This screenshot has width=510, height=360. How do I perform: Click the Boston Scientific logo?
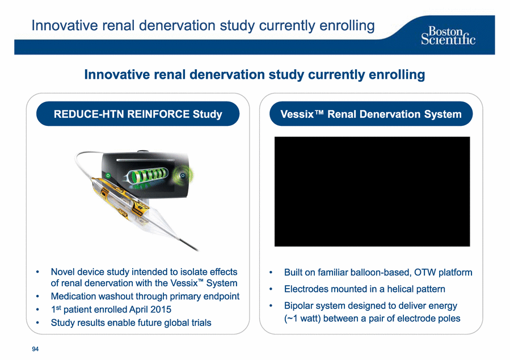tap(448, 36)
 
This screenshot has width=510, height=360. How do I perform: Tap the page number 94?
tap(35, 349)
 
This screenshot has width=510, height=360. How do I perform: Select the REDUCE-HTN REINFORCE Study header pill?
tap(138, 114)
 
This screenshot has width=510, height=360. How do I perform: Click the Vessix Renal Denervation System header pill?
tap(371, 114)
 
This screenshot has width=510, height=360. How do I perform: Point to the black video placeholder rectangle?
tap(372, 192)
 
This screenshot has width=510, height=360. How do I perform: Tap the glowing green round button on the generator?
tap(183, 175)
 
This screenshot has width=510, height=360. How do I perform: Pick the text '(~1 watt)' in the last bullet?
tap(302, 319)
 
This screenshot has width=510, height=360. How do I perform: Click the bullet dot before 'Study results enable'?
tap(38, 323)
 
